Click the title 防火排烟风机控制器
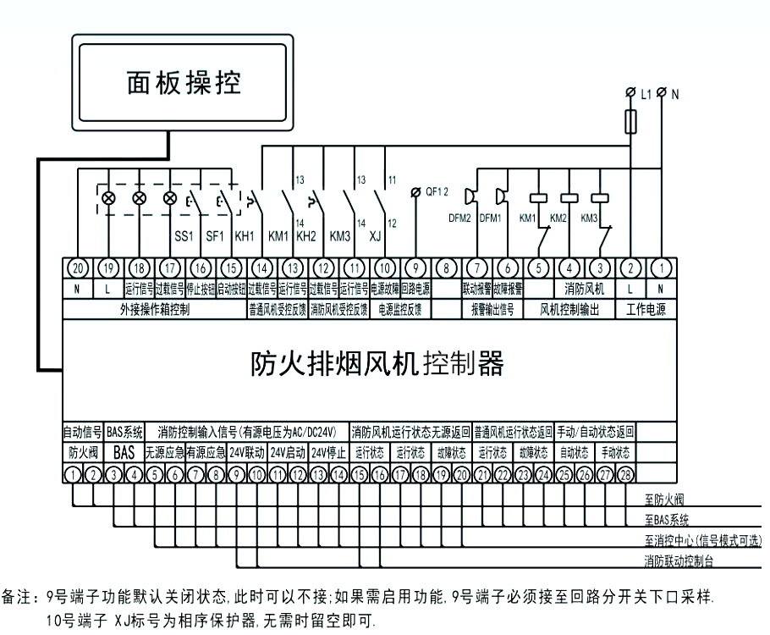(x=378, y=364)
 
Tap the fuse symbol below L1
(x=630, y=122)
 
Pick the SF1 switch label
(x=214, y=235)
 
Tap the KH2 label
(x=306, y=235)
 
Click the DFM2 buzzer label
(x=460, y=218)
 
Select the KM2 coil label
(x=558, y=218)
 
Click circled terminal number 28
(x=626, y=474)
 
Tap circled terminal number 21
(x=482, y=474)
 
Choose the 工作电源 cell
(x=646, y=310)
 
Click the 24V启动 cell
(x=289, y=453)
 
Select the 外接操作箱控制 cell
(x=155, y=310)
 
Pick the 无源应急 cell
(x=164, y=453)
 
